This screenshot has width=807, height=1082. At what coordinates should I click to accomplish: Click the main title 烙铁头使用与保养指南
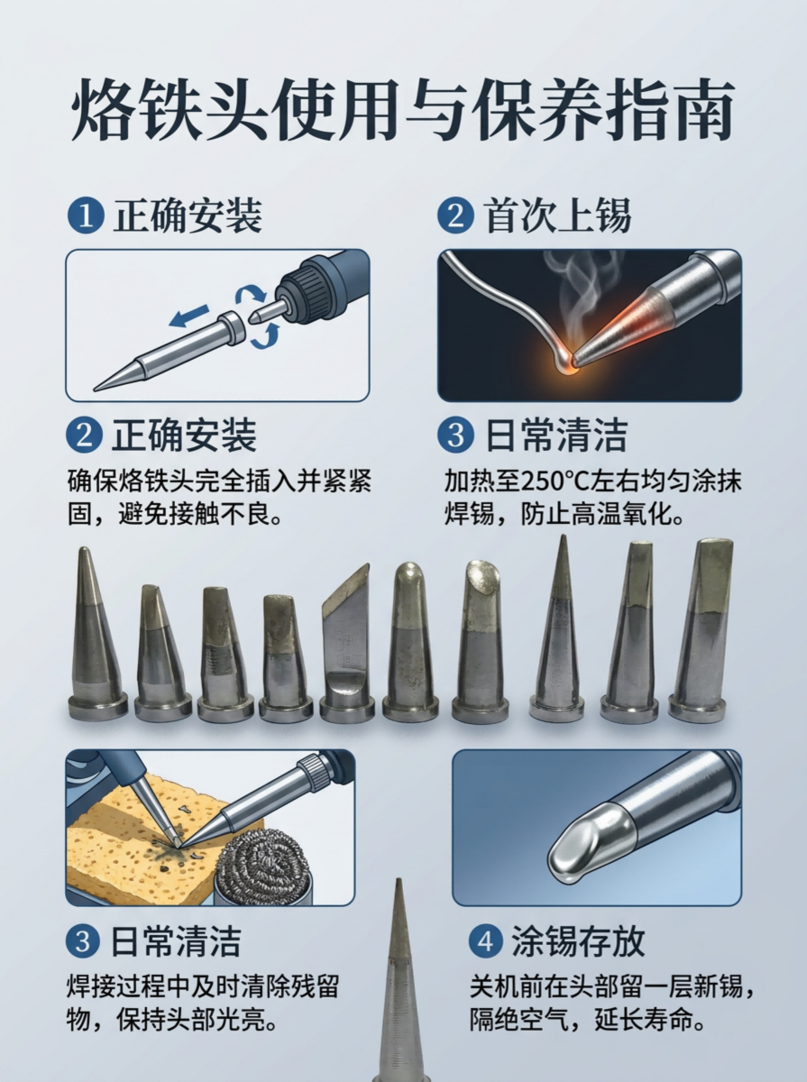[402, 112]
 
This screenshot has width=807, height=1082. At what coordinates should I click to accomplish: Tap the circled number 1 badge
[86, 215]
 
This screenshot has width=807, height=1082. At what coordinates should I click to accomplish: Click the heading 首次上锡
[559, 215]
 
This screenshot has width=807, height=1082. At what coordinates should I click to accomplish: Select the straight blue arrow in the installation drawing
[188, 316]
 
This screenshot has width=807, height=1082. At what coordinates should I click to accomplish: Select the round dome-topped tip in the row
[410, 642]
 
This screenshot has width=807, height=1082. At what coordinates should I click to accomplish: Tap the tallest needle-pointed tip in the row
[557, 628]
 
